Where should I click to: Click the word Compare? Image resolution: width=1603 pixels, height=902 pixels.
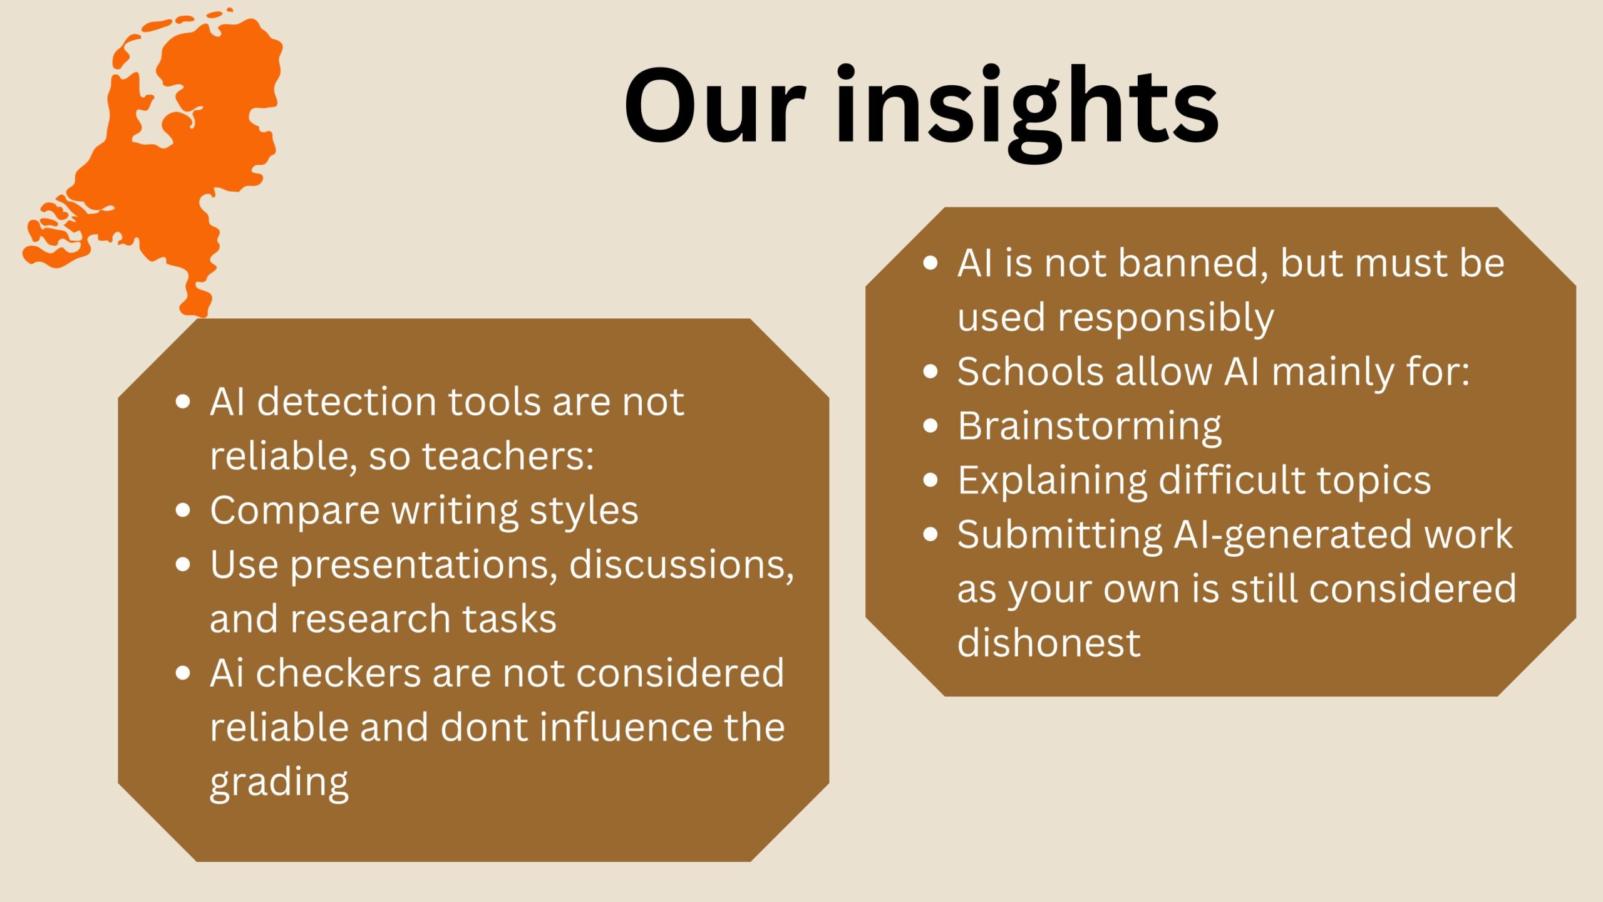(x=295, y=511)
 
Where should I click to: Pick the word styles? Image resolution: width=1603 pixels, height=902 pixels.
(x=584, y=511)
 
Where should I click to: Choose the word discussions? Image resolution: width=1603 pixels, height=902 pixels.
(x=682, y=565)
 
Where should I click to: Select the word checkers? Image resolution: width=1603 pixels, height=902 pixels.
(x=338, y=673)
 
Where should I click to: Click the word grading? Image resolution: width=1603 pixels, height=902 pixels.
(x=279, y=783)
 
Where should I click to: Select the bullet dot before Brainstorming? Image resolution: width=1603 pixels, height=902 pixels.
(x=931, y=427)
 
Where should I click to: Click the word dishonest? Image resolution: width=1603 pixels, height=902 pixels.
(x=1049, y=643)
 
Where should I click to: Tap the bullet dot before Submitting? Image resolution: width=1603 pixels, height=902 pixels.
(x=931, y=535)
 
